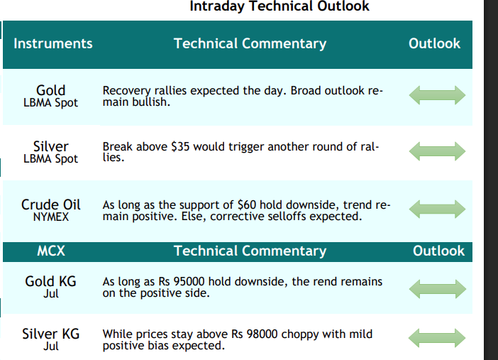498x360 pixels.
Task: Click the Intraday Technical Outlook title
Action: pos(280,6)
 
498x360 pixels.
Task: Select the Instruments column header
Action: pos(53,43)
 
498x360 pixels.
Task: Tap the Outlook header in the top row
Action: pos(434,43)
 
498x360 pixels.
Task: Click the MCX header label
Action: pos(51,251)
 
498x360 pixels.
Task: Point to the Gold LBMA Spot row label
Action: pos(51,97)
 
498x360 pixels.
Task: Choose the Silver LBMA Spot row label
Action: pos(51,153)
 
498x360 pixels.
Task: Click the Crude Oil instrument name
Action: pos(51,204)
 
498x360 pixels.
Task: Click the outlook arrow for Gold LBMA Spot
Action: pos(437,95)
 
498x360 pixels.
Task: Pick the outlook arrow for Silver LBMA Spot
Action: pos(437,151)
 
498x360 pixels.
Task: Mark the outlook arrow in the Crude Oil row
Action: pos(437,209)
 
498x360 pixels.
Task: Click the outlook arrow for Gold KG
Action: pos(437,289)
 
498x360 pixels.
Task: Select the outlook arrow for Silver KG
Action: pos(437,338)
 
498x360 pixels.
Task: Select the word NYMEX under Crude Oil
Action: pos(51,217)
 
